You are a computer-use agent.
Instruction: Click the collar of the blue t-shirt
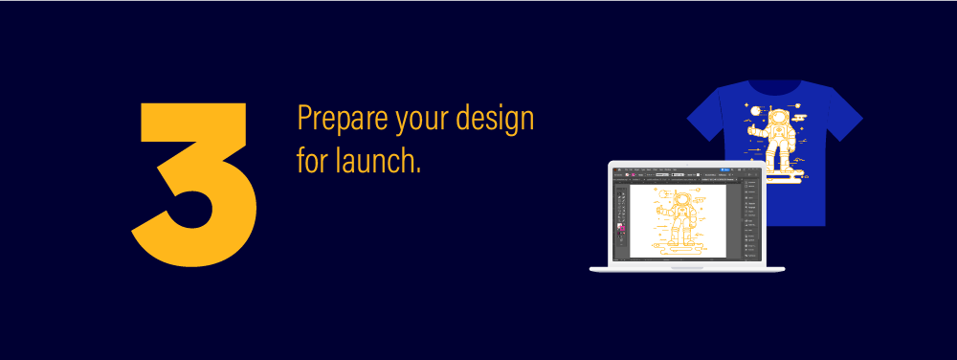[774, 86]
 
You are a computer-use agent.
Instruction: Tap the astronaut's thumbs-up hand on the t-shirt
[752, 130]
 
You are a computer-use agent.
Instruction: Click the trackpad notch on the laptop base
[687, 267]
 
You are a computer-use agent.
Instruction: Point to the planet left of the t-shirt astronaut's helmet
[756, 111]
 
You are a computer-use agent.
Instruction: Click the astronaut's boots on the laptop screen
[679, 242]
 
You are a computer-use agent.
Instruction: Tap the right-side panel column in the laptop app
[751, 218]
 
